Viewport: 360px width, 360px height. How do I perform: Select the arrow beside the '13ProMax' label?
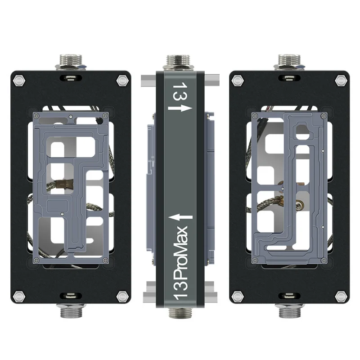180,217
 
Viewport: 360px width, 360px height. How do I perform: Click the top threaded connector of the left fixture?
71,62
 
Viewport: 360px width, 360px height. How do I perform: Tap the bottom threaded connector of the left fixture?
71,310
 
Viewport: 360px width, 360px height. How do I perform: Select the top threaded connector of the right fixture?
289,62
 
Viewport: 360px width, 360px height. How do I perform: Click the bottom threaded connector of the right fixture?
289,310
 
